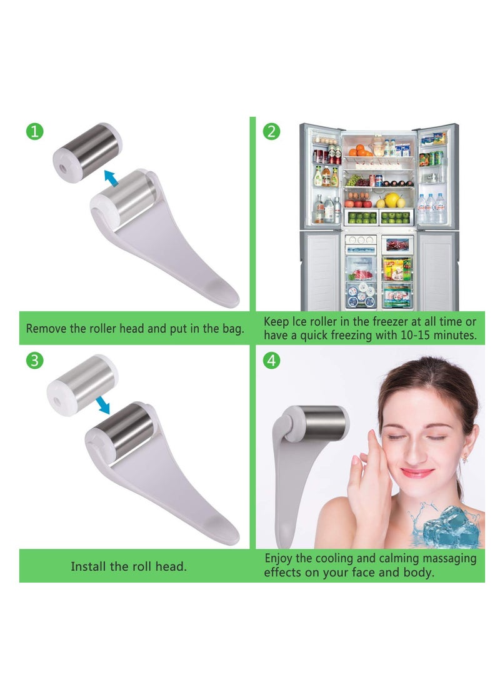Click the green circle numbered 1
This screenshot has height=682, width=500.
coord(35,131)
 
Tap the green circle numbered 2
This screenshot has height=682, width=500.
coord(271,131)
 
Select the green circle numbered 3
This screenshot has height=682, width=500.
coord(35,361)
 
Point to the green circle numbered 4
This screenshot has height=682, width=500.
coord(271,361)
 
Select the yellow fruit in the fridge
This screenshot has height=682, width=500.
coord(392,200)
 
